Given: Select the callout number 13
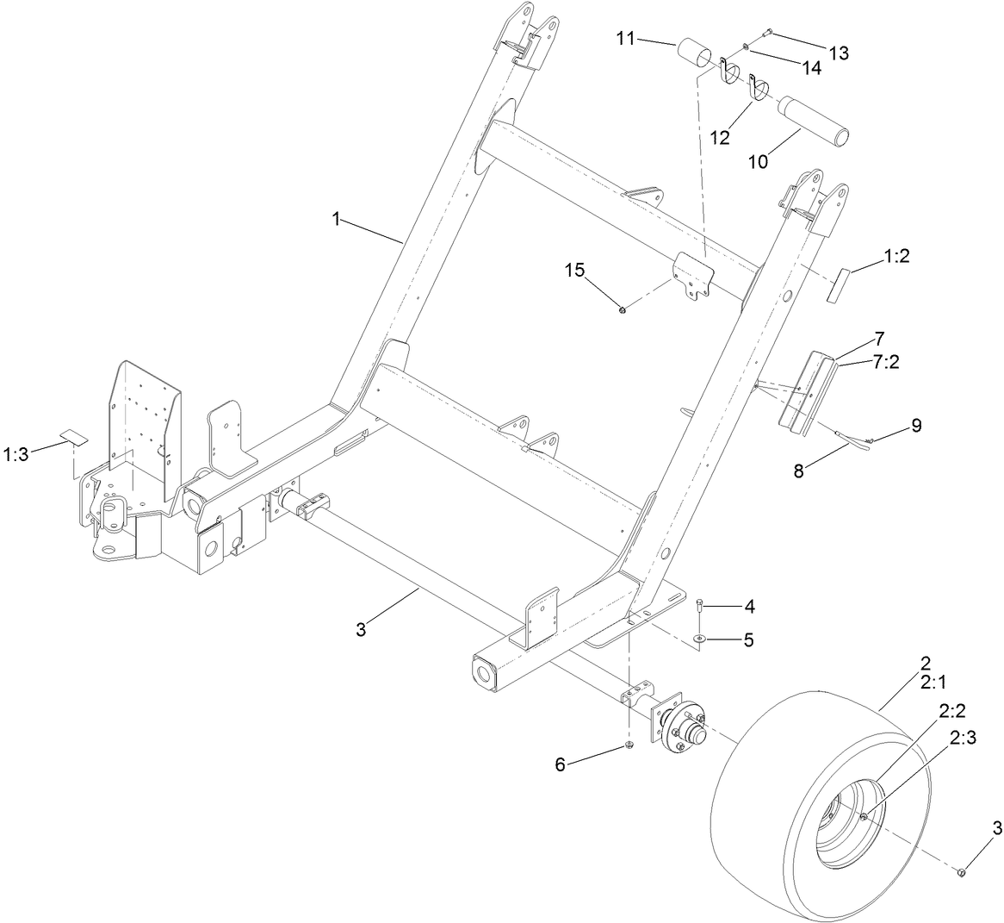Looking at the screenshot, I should tap(838, 53).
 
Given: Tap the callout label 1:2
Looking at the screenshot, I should tap(895, 257).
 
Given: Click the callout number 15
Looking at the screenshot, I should tap(574, 270).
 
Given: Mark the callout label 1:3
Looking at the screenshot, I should tap(16, 454).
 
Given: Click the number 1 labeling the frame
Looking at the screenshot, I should tap(337, 219).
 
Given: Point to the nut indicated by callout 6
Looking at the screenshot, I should tap(629, 745).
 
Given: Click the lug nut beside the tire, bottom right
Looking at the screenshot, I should tap(962, 873).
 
